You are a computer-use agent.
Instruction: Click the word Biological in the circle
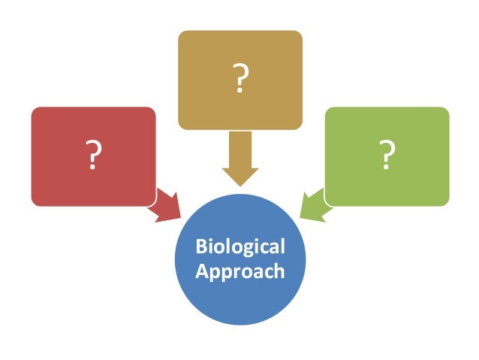pyautogui.click(x=240, y=247)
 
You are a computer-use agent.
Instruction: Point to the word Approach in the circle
pyautogui.click(x=240, y=271)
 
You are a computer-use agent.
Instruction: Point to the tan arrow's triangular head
pyautogui.click(x=240, y=177)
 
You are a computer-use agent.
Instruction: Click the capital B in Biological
pyautogui.click(x=200, y=247)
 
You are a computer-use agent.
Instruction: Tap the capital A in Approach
pyautogui.click(x=201, y=271)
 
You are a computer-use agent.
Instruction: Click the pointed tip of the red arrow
pyautogui.click(x=181, y=219)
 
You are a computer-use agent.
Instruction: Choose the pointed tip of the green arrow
pyautogui.click(x=300, y=219)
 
